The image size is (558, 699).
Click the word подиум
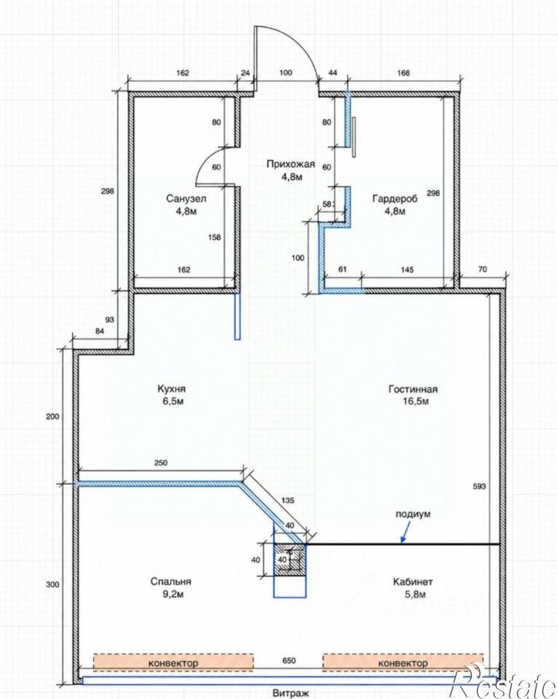(x=413, y=514)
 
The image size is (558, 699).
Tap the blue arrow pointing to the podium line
(x=405, y=532)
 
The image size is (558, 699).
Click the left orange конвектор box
(x=173, y=663)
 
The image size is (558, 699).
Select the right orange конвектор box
(x=403, y=663)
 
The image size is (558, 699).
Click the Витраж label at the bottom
(x=290, y=693)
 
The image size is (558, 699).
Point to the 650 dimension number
(x=289, y=661)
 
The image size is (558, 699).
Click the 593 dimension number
(x=479, y=486)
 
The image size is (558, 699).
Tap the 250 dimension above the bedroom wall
(x=161, y=463)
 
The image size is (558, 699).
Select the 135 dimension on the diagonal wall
(x=288, y=500)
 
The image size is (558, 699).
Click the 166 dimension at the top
(x=403, y=73)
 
